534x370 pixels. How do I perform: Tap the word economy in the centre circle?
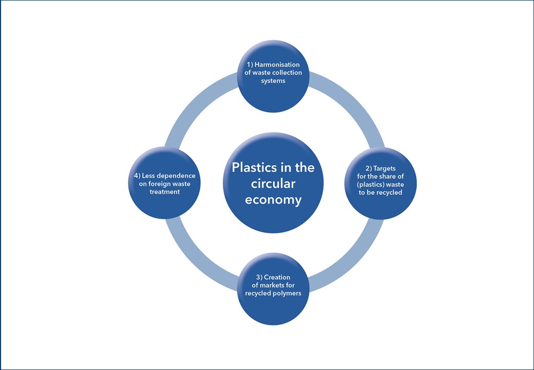point(273,200)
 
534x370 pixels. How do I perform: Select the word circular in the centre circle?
point(273,183)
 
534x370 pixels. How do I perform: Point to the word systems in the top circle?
point(273,81)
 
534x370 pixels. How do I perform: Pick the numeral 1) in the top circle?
point(251,65)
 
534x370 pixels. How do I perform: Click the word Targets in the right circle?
point(385,168)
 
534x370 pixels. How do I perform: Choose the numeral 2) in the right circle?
point(369,168)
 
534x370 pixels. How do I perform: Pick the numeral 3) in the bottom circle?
point(259,277)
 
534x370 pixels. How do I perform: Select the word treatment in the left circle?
point(162,192)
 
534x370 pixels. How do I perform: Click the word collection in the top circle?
point(287,73)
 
